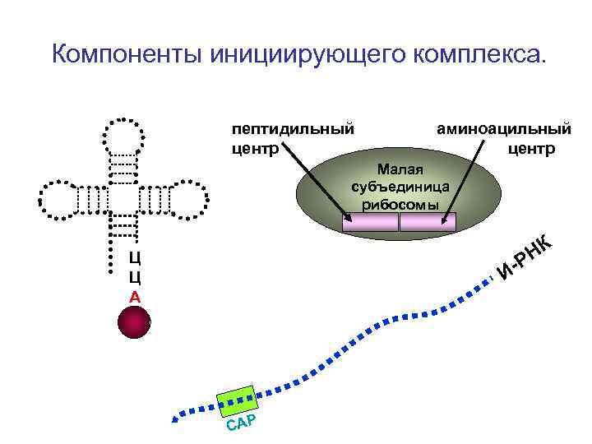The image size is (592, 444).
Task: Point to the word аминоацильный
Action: (x=503, y=129)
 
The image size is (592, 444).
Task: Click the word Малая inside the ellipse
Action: (x=400, y=169)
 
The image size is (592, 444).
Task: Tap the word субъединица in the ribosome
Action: (x=400, y=187)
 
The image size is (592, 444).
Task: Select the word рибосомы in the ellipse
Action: (x=400, y=205)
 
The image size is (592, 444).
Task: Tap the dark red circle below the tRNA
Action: (x=134, y=321)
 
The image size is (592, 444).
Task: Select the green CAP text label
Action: (x=243, y=424)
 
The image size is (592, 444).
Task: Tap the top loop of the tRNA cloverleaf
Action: (x=124, y=135)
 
